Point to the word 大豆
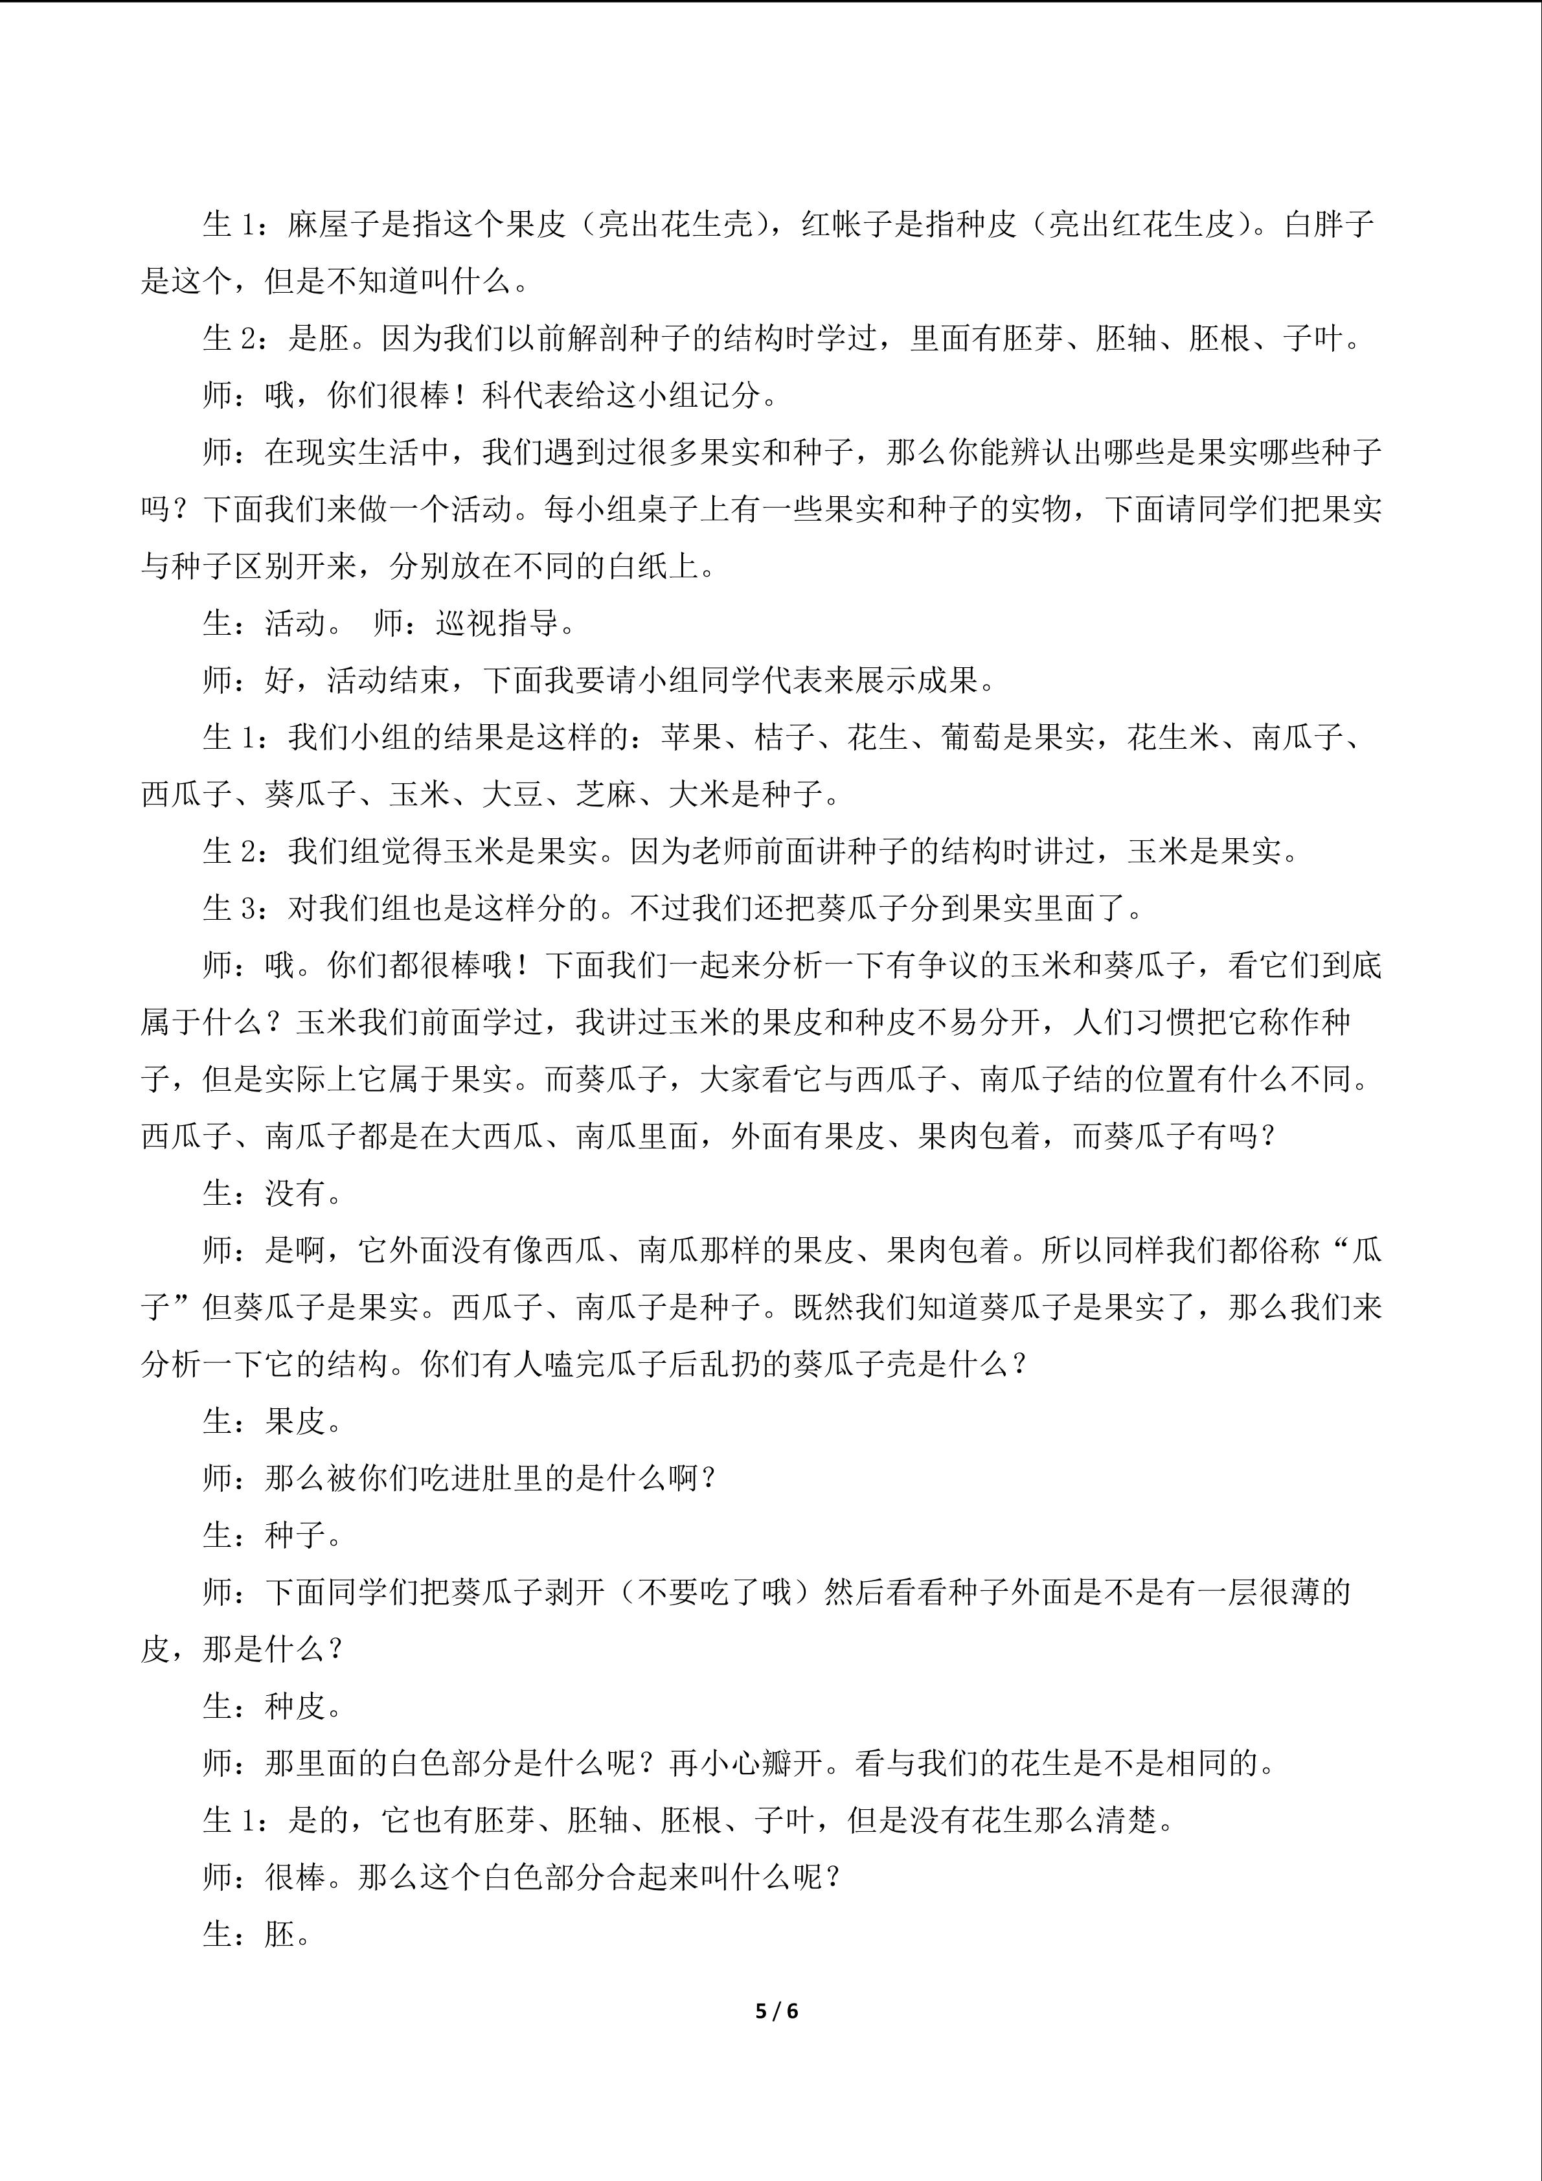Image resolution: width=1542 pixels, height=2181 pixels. pos(513,795)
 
